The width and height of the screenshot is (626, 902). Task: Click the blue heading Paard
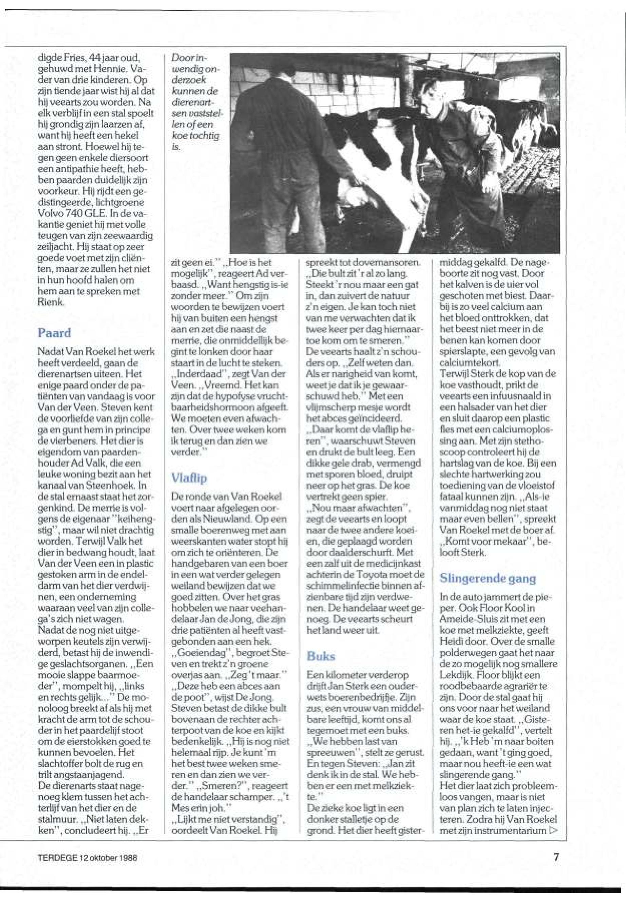[x=54, y=333]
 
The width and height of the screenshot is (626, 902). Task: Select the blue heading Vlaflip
[x=189, y=478]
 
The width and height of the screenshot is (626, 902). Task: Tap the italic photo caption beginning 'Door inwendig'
[x=195, y=102]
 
